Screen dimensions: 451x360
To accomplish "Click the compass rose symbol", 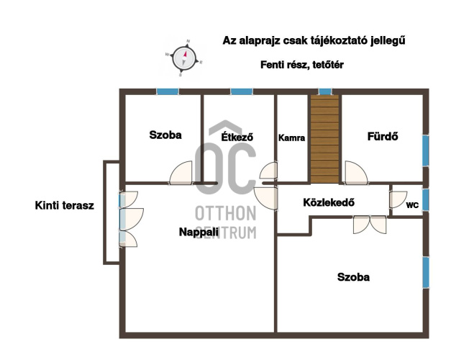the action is tap(184, 58).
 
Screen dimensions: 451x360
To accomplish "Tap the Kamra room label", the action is tap(291, 138).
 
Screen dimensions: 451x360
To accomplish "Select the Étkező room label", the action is tap(237, 137).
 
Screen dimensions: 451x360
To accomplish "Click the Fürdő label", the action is tap(383, 136).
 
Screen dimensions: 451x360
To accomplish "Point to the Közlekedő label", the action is tap(329, 202).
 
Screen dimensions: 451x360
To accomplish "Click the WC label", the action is tap(412, 205).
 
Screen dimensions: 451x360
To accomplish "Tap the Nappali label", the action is tap(199, 232).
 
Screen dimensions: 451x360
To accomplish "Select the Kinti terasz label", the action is tap(65, 205).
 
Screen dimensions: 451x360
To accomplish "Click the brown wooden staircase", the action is tap(324, 139).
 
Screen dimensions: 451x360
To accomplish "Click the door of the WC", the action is tap(398, 199).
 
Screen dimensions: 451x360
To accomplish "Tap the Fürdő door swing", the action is tap(356, 173).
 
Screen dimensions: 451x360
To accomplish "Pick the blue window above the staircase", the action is tap(325, 91).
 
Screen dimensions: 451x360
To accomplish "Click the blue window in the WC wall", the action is tap(426, 199).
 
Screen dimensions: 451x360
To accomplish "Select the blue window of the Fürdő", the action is tap(426, 150).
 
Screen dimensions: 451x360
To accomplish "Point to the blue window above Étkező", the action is tap(242, 91).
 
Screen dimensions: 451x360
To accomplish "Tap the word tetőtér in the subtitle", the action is tap(328, 65).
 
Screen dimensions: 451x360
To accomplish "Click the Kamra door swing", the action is tap(268, 171).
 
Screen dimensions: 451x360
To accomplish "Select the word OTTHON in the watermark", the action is tap(226, 213).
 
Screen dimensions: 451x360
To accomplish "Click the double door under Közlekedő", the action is tap(370, 225).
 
